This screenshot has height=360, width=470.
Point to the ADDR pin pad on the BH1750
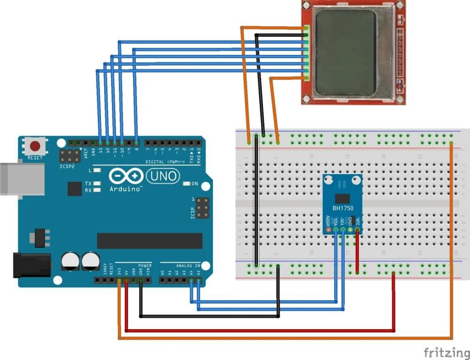[x=328, y=229]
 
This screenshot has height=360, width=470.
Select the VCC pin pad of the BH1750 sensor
[x=358, y=229]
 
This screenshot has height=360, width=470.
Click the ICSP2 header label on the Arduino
[x=67, y=166]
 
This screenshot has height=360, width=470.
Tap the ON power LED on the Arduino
[x=186, y=184]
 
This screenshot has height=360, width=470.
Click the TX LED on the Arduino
[x=96, y=184]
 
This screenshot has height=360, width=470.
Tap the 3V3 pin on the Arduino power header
[x=119, y=280]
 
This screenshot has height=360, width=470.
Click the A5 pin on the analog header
[x=198, y=280]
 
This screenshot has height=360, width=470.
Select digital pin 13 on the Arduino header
[x=100, y=143]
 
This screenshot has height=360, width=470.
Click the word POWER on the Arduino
[x=145, y=266]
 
